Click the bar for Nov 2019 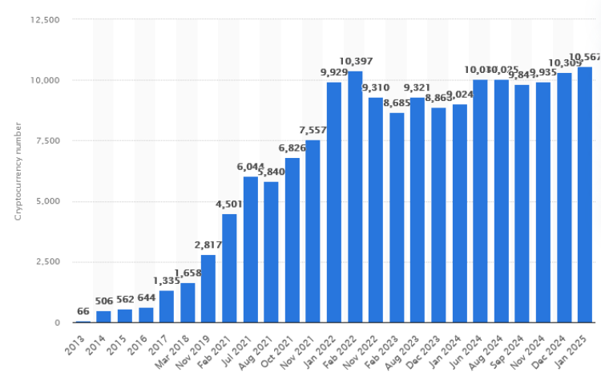(208, 289)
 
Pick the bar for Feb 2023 (397, 217)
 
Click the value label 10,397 (355, 62)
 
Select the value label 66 (83, 311)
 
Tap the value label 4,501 (229, 204)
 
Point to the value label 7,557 (313, 130)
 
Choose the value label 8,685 (397, 103)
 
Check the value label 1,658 (188, 273)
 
